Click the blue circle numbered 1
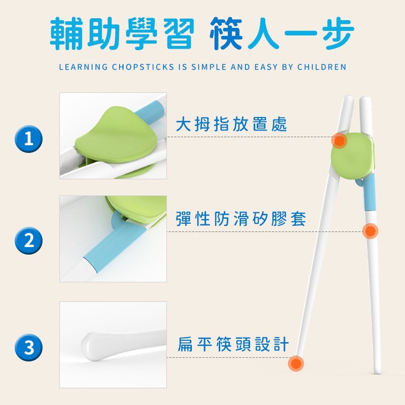coord(29,139)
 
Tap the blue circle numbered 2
coord(29,240)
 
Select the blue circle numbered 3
coord(29,347)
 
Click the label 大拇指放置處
coord(231,124)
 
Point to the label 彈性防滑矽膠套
coord(241,219)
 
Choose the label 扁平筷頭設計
coord(233,344)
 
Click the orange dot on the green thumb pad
coord(339,141)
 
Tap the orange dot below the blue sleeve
coord(370,231)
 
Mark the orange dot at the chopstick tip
coord(296,363)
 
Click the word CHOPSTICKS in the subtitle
coord(143,67)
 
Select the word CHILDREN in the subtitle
coord(321,67)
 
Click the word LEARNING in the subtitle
coord(83,67)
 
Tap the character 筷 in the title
coord(226,33)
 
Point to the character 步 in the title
coord(338,33)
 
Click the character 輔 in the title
coord(66,33)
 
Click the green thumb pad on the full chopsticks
coord(352,156)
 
